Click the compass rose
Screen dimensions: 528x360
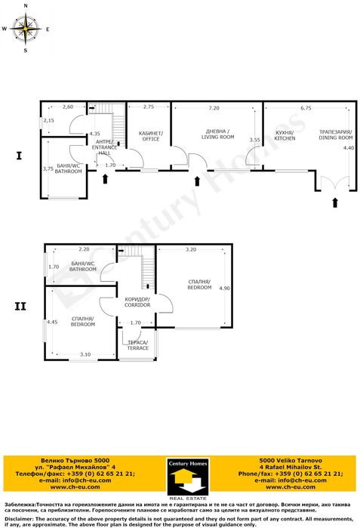[26, 29]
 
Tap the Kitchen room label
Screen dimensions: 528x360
[284, 135]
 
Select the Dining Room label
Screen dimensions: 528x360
[336, 134]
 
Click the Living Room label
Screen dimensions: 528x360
[220, 134]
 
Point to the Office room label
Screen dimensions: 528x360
[150, 136]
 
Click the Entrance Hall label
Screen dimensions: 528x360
[106, 147]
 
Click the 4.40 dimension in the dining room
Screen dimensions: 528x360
[347, 148]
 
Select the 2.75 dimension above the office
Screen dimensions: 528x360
[148, 107]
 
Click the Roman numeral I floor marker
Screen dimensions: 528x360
[18, 156]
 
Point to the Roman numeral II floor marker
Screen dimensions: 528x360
[20, 307]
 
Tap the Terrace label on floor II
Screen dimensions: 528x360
[137, 345]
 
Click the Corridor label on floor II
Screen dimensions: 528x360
[137, 302]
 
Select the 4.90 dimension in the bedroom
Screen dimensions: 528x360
[223, 289]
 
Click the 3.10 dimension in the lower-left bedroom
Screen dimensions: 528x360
[85, 354]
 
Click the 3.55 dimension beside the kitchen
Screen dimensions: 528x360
[255, 140]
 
